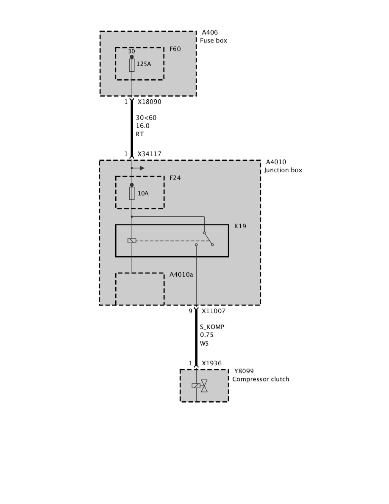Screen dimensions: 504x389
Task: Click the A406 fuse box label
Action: pyautogui.click(x=210, y=33)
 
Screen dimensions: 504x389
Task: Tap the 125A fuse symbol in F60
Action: pyautogui.click(x=132, y=65)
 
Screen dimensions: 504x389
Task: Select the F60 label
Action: pyautogui.click(x=175, y=49)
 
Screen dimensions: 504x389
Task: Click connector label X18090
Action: pyautogui.click(x=149, y=102)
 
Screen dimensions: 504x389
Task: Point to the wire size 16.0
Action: pyautogui.click(x=142, y=126)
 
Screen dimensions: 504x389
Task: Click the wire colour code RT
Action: pyautogui.click(x=140, y=134)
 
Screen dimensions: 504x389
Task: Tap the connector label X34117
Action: pyautogui.click(x=149, y=154)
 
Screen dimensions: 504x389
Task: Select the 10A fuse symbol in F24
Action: pyautogui.click(x=132, y=193)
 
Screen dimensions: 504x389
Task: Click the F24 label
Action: pyautogui.click(x=175, y=178)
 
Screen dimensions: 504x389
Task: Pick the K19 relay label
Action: pyautogui.click(x=240, y=227)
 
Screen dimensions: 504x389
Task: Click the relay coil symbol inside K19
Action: pyautogui.click(x=132, y=241)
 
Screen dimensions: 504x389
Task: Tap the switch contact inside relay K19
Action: pyautogui.click(x=208, y=239)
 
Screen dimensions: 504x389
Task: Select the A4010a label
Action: pyautogui.click(x=181, y=275)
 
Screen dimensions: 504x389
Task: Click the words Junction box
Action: pyautogui.click(x=283, y=171)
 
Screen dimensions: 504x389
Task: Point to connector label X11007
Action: pyautogui.click(x=213, y=311)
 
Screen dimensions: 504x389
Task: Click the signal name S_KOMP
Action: pyautogui.click(x=212, y=327)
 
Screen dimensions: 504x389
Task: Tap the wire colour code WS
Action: pyautogui.click(x=205, y=343)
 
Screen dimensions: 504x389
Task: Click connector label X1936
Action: pyautogui.click(x=211, y=364)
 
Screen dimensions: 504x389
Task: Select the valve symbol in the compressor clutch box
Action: pyautogui.click(x=204, y=386)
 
